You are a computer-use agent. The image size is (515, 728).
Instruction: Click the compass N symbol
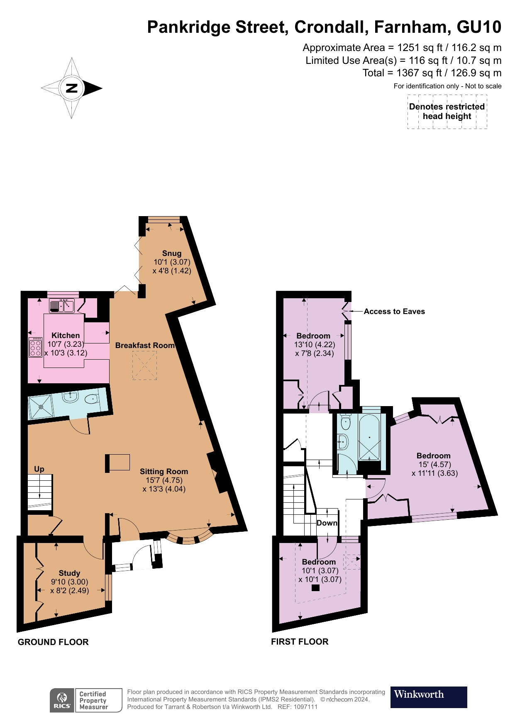(72, 88)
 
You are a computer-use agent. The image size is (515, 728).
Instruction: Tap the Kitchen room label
(66, 335)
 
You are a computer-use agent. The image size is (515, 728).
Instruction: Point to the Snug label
(172, 253)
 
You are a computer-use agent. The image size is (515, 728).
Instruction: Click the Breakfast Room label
(145, 345)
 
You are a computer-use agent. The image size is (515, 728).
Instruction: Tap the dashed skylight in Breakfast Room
(144, 365)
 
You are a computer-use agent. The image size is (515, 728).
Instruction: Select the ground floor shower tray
(41, 407)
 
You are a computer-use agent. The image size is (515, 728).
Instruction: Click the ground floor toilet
(92, 399)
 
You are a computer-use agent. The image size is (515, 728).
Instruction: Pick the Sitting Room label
(164, 471)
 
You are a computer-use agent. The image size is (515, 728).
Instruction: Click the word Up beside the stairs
(39, 469)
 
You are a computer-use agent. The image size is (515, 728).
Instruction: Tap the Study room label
(69, 573)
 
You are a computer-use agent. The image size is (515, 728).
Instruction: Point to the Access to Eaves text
(394, 312)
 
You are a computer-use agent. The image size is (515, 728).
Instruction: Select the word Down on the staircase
(327, 523)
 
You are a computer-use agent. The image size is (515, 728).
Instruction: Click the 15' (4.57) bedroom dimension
(434, 464)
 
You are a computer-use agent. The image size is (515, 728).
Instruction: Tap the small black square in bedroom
(315, 587)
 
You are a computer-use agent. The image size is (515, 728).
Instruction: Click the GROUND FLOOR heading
(53, 642)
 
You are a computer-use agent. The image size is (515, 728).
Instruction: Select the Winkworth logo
(428, 697)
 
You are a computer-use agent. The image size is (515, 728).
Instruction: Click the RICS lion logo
(62, 700)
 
